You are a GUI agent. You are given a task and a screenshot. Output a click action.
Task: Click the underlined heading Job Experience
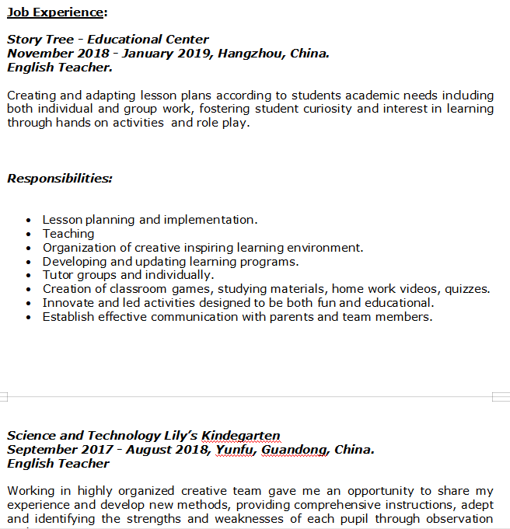point(56,12)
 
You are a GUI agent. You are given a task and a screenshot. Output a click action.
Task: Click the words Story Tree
point(40,40)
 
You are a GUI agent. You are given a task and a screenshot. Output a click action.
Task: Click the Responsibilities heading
point(59,179)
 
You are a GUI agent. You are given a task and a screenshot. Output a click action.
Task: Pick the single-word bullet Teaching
point(68,234)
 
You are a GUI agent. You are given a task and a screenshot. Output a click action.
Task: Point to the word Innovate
point(68,303)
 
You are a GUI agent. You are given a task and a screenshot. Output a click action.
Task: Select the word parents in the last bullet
point(292,317)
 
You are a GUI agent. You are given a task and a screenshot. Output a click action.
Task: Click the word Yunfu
point(235,450)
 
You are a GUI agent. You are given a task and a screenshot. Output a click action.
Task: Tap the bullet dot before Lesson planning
point(29,221)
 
